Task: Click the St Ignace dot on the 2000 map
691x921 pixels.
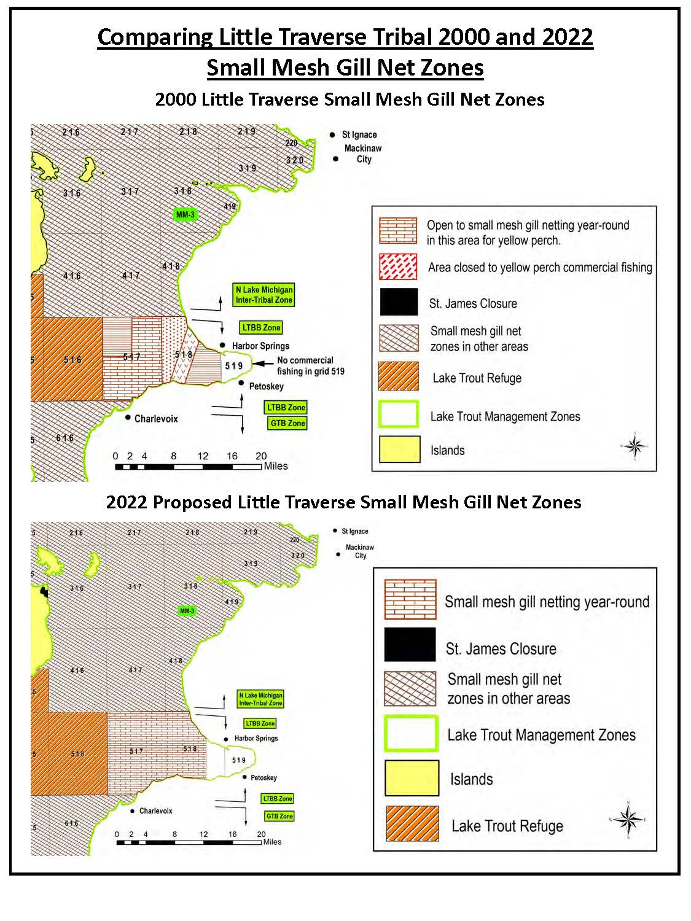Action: point(332,134)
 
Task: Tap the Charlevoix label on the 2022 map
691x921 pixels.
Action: point(155,811)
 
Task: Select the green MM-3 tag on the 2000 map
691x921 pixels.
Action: point(185,215)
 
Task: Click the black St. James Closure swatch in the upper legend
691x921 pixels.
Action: point(399,303)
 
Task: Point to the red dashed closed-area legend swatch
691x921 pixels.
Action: point(399,267)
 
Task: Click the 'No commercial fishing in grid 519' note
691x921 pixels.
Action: point(310,366)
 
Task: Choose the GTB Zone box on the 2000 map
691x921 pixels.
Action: point(287,423)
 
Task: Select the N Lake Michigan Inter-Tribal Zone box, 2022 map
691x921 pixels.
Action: point(260,699)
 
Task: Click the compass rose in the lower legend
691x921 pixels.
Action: point(628,820)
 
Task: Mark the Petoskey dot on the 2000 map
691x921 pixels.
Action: point(241,383)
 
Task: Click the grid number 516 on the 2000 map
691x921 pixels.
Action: point(72,360)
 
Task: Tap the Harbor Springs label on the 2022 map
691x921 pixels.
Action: point(256,739)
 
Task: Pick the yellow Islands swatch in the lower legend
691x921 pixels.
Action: point(412,778)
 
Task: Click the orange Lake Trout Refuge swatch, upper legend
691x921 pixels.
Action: point(399,377)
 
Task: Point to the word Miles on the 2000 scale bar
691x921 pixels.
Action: point(276,466)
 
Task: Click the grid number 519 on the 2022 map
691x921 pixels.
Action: point(239,760)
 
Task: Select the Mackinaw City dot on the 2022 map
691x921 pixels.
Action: point(338,554)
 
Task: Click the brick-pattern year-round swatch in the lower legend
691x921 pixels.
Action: point(410,599)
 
